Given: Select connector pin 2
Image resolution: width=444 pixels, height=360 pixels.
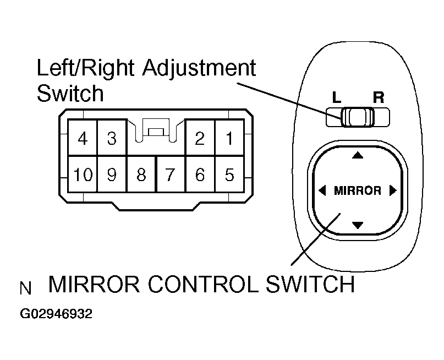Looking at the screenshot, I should click(200, 138).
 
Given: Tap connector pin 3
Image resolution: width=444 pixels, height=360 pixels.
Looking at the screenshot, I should click(112, 138).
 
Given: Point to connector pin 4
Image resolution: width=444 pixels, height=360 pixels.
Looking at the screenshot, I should click(83, 138).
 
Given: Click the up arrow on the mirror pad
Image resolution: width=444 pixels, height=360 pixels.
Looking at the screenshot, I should click(358, 156).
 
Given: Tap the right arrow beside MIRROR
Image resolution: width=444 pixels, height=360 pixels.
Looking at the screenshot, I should click(392, 191).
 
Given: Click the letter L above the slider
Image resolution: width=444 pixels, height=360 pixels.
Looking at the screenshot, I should click(337, 98).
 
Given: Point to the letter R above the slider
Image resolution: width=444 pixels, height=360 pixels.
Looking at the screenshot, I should click(378, 98).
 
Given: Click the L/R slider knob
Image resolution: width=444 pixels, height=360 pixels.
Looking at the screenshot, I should click(357, 117).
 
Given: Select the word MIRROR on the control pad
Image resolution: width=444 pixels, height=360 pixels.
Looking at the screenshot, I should click(358, 191).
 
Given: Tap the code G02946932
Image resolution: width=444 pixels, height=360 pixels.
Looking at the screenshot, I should click(56, 314).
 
